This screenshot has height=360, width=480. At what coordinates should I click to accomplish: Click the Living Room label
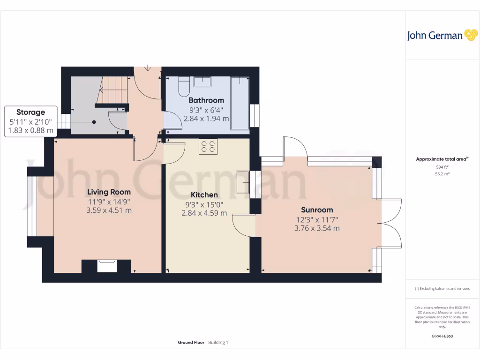[x=109, y=192]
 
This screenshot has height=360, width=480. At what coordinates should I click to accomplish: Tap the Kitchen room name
[x=204, y=195]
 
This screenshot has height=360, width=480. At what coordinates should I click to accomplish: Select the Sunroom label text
[x=317, y=210]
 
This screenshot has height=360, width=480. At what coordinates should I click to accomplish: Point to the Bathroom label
[x=206, y=100]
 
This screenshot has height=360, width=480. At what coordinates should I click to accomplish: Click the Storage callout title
[x=31, y=112]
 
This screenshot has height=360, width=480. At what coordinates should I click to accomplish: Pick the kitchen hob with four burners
[x=208, y=147]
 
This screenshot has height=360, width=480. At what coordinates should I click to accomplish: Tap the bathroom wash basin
[x=202, y=82]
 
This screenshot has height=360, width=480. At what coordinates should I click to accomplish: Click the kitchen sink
[x=243, y=181]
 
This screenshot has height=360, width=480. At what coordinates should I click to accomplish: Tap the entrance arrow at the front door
[x=148, y=69]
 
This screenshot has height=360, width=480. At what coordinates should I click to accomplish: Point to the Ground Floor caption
[x=191, y=343]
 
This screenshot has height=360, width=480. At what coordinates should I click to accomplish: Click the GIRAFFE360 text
[x=442, y=336]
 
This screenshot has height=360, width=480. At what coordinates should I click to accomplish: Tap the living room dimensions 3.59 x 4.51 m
[x=109, y=210]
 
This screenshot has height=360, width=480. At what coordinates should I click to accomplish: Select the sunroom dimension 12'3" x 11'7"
[x=317, y=219]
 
